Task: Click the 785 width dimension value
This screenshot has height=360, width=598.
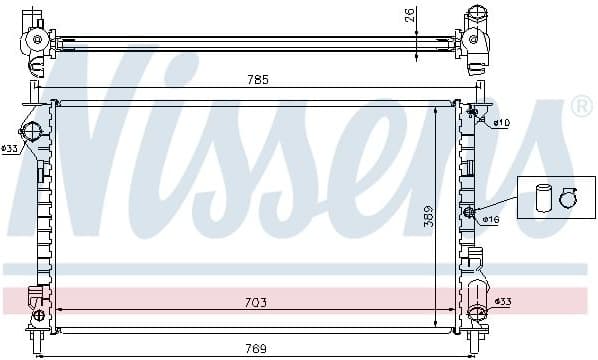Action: [x=258, y=80]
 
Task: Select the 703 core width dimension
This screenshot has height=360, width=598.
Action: [x=256, y=302]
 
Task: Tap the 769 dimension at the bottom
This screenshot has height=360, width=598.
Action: [x=256, y=349]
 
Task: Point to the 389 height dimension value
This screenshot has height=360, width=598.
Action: [x=429, y=216]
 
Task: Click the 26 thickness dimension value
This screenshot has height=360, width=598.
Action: [x=409, y=15]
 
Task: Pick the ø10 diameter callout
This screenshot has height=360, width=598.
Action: [x=502, y=123]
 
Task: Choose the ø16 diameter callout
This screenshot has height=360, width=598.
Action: [x=491, y=219]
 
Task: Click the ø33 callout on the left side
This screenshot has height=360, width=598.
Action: [x=10, y=148]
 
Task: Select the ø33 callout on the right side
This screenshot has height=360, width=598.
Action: [x=503, y=302]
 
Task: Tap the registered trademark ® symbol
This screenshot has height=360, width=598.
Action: [x=582, y=106]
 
